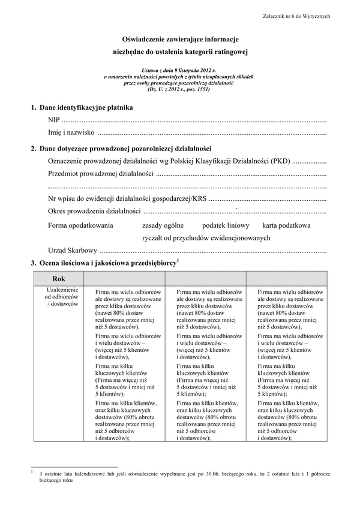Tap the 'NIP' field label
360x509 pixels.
tap(54, 121)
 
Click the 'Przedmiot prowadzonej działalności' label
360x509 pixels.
tap(100, 174)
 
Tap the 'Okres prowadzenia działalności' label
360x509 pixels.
tap(94, 212)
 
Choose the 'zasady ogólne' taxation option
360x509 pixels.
tap(162, 225)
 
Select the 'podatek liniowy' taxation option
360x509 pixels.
tap(225, 225)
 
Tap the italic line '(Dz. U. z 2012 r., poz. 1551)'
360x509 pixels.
tap(179, 89)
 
